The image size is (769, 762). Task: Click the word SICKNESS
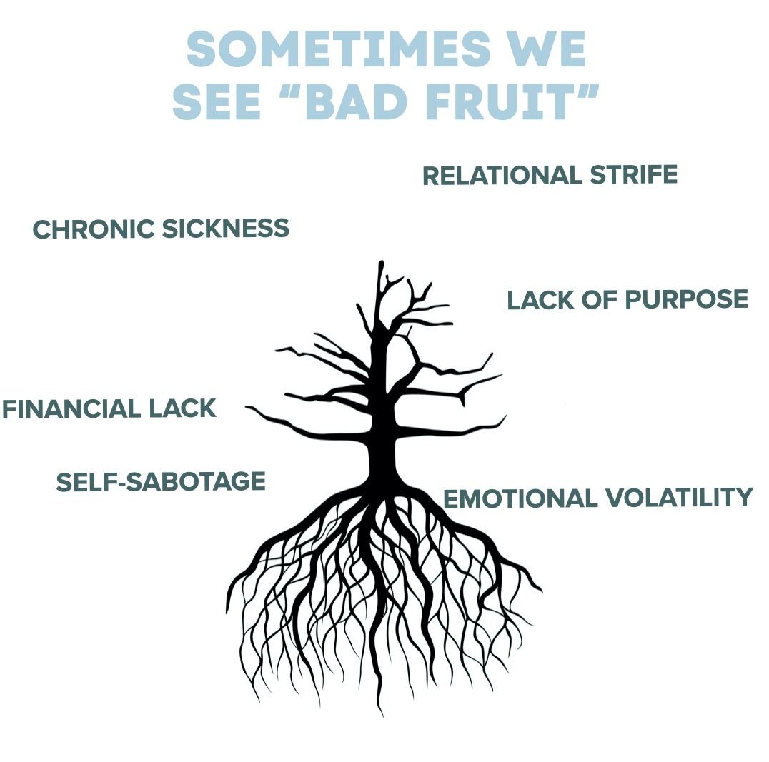[225, 229]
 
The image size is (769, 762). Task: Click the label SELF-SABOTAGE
[161, 481]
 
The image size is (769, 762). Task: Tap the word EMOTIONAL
[520, 498]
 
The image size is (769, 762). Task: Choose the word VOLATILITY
[679, 498]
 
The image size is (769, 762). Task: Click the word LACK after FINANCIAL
[182, 409]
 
